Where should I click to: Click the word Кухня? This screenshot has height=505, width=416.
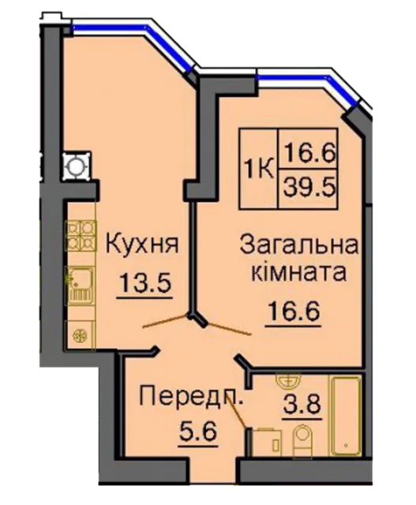pyautogui.click(x=142, y=245)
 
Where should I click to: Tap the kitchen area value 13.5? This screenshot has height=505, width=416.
pyautogui.click(x=144, y=282)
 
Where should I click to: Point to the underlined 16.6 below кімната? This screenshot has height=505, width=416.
pyautogui.click(x=293, y=310)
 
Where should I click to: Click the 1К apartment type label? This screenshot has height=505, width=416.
pyautogui.click(x=259, y=169)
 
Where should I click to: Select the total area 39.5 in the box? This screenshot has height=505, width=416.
pyautogui.click(x=308, y=188)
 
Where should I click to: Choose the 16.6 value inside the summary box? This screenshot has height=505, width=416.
pyautogui.click(x=308, y=152)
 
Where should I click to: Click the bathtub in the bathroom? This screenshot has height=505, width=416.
pyautogui.click(x=346, y=416)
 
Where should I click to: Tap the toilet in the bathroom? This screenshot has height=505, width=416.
pyautogui.click(x=302, y=440)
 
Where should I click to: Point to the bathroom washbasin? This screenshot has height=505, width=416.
pyautogui.click(x=288, y=382)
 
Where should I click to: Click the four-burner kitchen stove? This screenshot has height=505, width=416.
pyautogui.click(x=81, y=235)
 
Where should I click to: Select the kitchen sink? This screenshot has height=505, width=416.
pyautogui.click(x=81, y=286)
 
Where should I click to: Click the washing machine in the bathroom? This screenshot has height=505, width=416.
pyautogui.click(x=266, y=442)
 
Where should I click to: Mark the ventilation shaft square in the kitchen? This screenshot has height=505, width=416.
pyautogui.click(x=77, y=166)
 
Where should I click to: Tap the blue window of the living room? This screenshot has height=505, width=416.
pyautogui.click(x=309, y=86)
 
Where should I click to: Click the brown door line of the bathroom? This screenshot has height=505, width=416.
pyautogui.click(x=237, y=410)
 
